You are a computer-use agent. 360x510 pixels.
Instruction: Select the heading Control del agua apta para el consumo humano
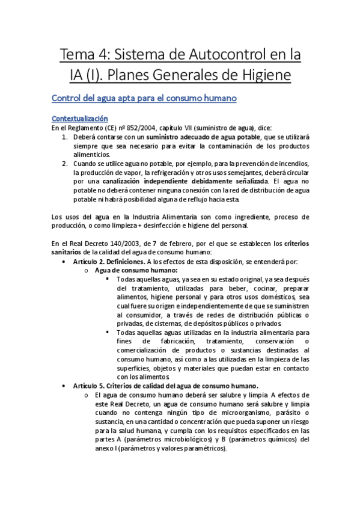point(145,98)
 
